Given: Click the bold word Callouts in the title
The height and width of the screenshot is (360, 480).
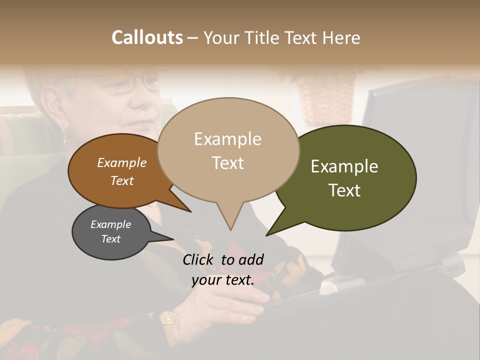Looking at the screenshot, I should tap(147, 37).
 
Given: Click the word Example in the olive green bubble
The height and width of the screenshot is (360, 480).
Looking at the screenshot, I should tap(344, 166).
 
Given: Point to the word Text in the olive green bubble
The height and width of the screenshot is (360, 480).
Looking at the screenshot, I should tap(344, 190).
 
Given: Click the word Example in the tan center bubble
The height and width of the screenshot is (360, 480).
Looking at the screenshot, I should tap(227, 139).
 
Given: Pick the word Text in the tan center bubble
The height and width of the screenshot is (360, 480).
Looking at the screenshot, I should tap(227, 162).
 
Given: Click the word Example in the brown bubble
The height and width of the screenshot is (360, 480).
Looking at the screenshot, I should tap(121, 162).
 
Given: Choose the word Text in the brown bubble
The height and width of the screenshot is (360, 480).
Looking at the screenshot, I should tap(121, 180).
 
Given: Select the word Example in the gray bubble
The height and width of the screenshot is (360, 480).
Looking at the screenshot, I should tap(110, 224).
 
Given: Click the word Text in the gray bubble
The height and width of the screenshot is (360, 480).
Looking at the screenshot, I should tap(110, 239).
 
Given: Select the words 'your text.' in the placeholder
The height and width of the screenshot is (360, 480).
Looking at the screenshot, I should tap(223, 280).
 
